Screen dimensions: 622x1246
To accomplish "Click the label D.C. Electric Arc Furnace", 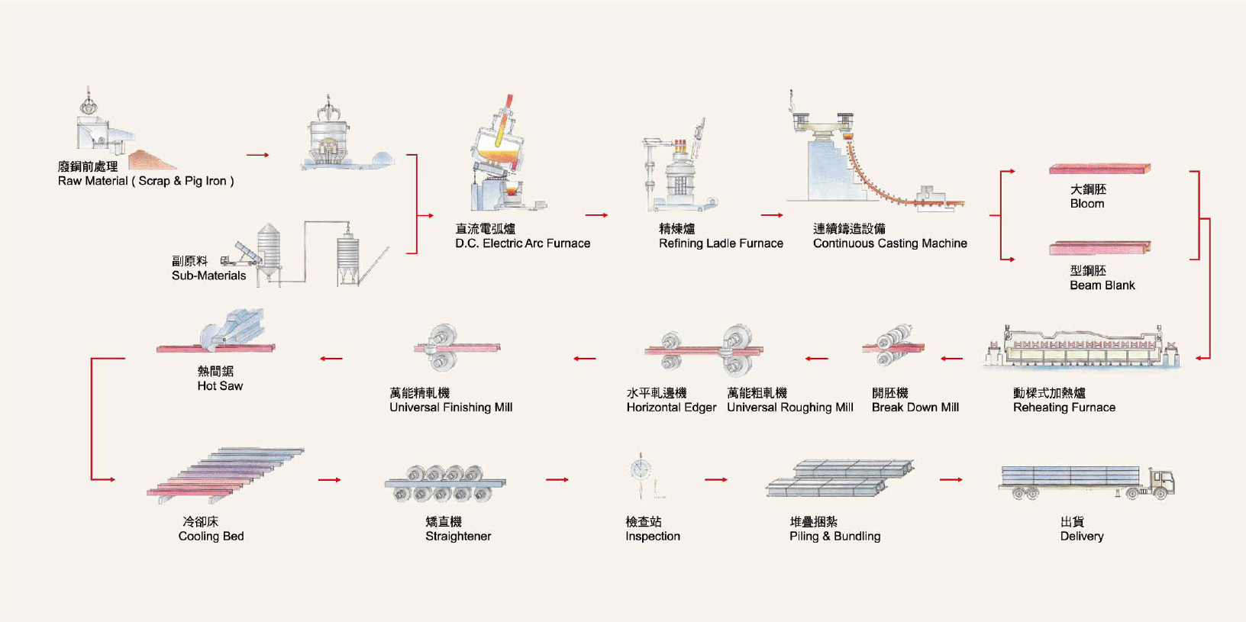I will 522,243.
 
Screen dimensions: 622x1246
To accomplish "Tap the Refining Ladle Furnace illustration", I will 678,172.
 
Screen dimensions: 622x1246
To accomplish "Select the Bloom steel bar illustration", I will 1099,169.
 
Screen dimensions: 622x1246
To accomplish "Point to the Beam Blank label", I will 1102,285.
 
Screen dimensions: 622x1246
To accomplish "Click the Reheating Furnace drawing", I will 1081,347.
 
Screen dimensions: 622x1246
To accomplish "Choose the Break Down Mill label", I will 915,408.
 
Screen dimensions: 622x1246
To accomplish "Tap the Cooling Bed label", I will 211,537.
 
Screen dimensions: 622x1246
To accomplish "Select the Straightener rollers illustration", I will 444,483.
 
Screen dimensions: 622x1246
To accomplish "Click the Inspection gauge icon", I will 641,469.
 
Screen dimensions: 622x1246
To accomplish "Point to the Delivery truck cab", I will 1162,482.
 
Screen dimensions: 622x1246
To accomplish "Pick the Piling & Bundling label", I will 834,537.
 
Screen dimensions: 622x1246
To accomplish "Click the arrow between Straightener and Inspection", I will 557,480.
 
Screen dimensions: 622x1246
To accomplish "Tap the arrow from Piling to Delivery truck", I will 951,480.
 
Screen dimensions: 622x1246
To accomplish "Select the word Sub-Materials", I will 208,276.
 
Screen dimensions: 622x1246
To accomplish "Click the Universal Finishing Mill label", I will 450,408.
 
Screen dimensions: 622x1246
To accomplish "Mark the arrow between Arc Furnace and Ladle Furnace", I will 596,215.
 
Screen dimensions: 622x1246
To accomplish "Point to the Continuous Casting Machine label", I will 889,243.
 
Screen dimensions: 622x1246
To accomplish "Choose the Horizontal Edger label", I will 671,408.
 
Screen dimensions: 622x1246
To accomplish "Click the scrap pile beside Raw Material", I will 152,160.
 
